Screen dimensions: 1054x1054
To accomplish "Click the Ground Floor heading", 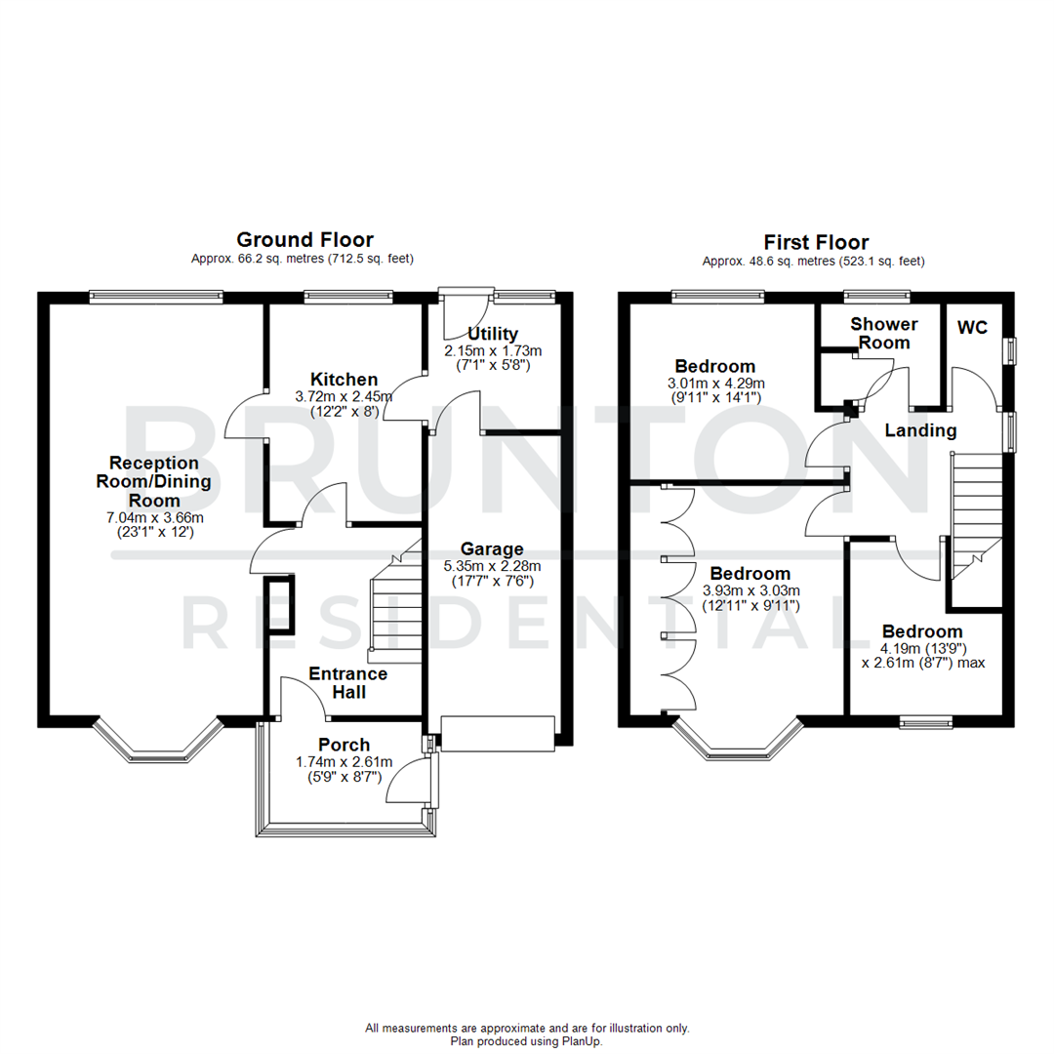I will (305, 240).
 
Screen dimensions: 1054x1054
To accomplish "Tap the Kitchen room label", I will (344, 380).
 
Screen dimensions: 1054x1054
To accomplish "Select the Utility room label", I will (492, 334).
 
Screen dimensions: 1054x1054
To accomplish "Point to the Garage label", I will (492, 548).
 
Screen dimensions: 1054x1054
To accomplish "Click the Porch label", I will (344, 746).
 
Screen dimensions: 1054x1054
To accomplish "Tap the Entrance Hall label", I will (347, 683).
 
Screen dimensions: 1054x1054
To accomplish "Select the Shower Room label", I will (884, 333).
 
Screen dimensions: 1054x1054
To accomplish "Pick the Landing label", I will (920, 430).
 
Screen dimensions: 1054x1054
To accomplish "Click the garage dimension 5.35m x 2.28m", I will (492, 565).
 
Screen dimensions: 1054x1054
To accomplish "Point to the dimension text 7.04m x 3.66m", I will (153, 516).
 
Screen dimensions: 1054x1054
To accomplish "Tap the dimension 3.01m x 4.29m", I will (715, 383).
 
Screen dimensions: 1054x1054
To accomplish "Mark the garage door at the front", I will (498, 733).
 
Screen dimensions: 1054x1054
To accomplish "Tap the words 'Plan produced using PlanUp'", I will (527, 1041).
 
